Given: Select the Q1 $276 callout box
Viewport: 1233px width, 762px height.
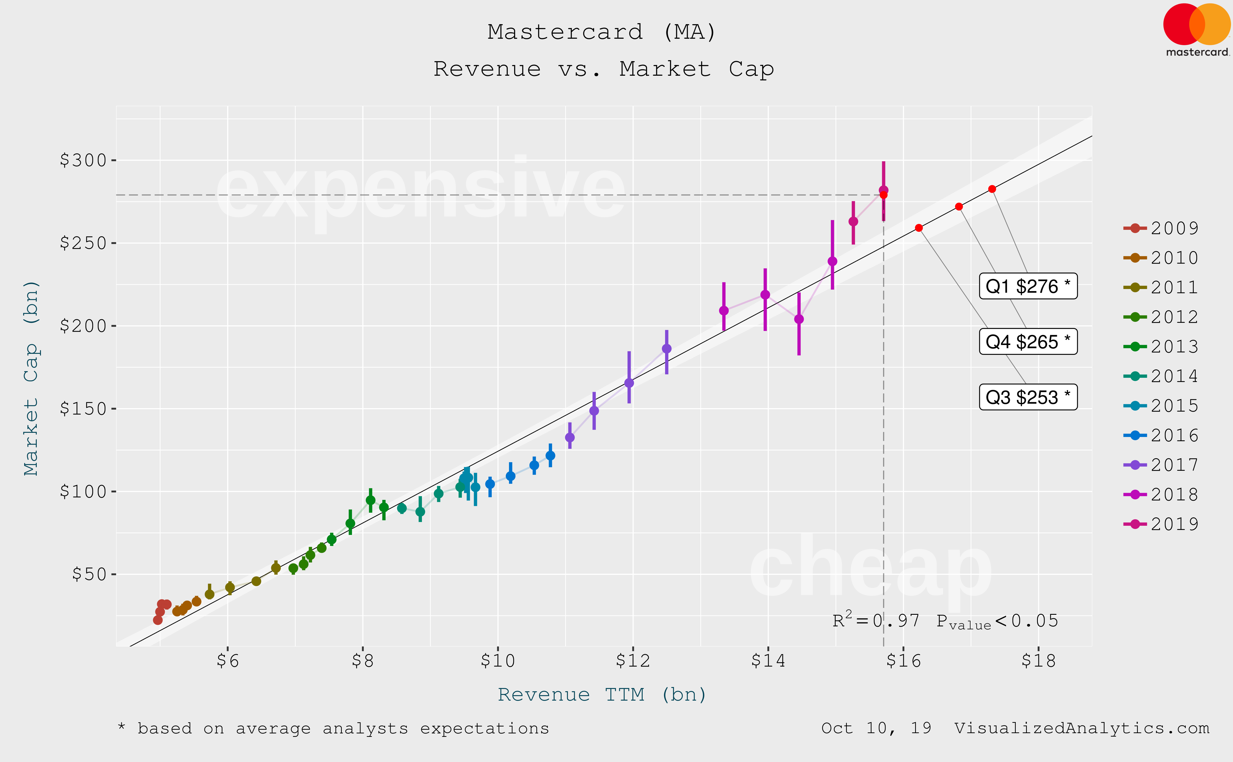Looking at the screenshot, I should (1028, 286).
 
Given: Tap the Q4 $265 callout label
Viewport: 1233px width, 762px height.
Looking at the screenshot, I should (1028, 342).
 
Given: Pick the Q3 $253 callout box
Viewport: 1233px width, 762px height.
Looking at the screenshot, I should (1028, 397).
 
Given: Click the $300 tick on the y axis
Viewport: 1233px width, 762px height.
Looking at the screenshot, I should (83, 160).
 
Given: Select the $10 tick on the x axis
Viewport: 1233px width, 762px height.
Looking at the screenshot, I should (497, 660).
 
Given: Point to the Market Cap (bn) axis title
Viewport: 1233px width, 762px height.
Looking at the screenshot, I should (31, 378).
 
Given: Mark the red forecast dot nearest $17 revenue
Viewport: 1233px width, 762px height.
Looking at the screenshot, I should (959, 207).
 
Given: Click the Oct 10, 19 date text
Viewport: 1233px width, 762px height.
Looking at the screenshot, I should (876, 728).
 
